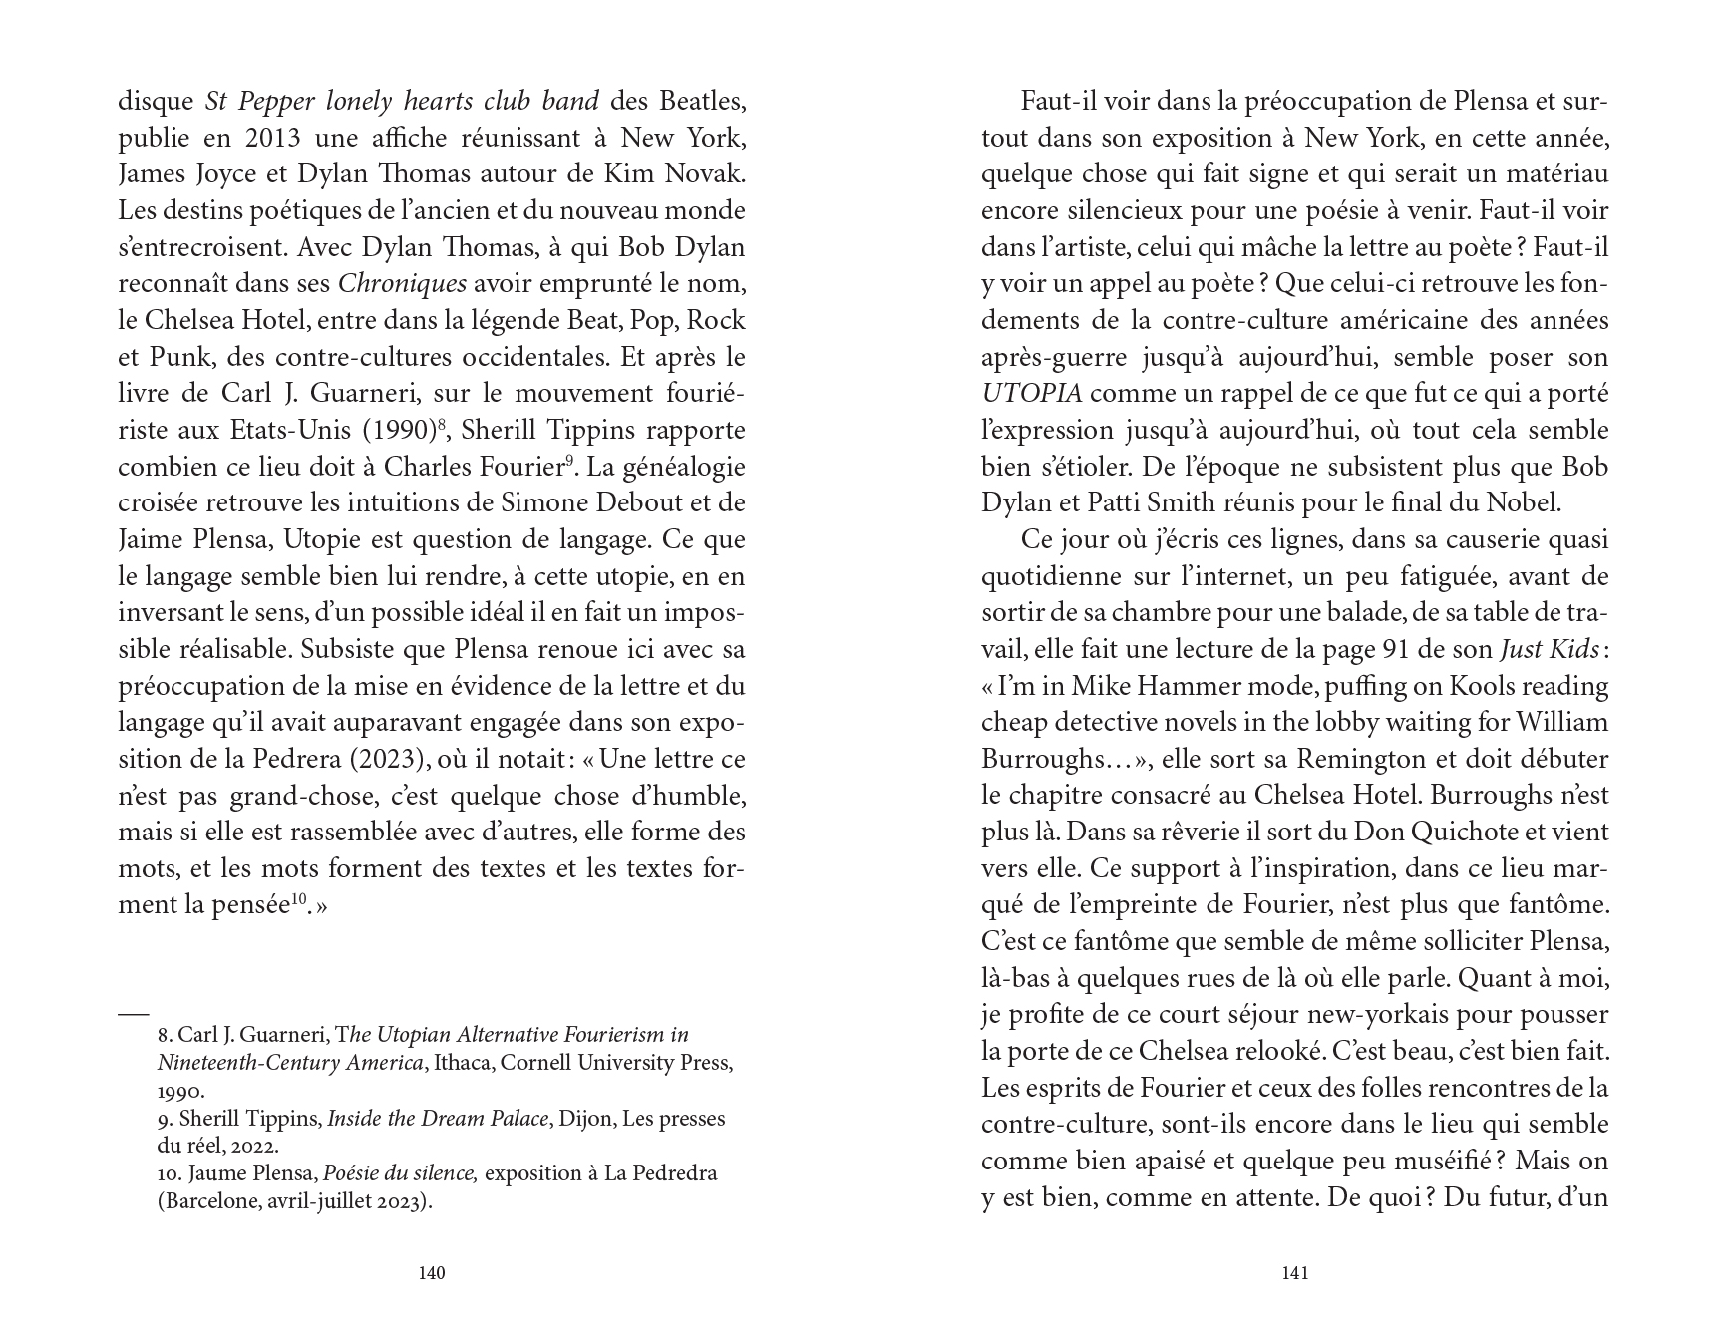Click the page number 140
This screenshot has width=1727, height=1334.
pyautogui.click(x=431, y=1272)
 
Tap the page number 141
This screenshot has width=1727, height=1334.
pyautogui.click(x=1294, y=1272)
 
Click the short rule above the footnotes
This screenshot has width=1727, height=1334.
pyautogui.click(x=133, y=1013)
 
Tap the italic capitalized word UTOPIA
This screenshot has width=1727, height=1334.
pyautogui.click(x=1031, y=394)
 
